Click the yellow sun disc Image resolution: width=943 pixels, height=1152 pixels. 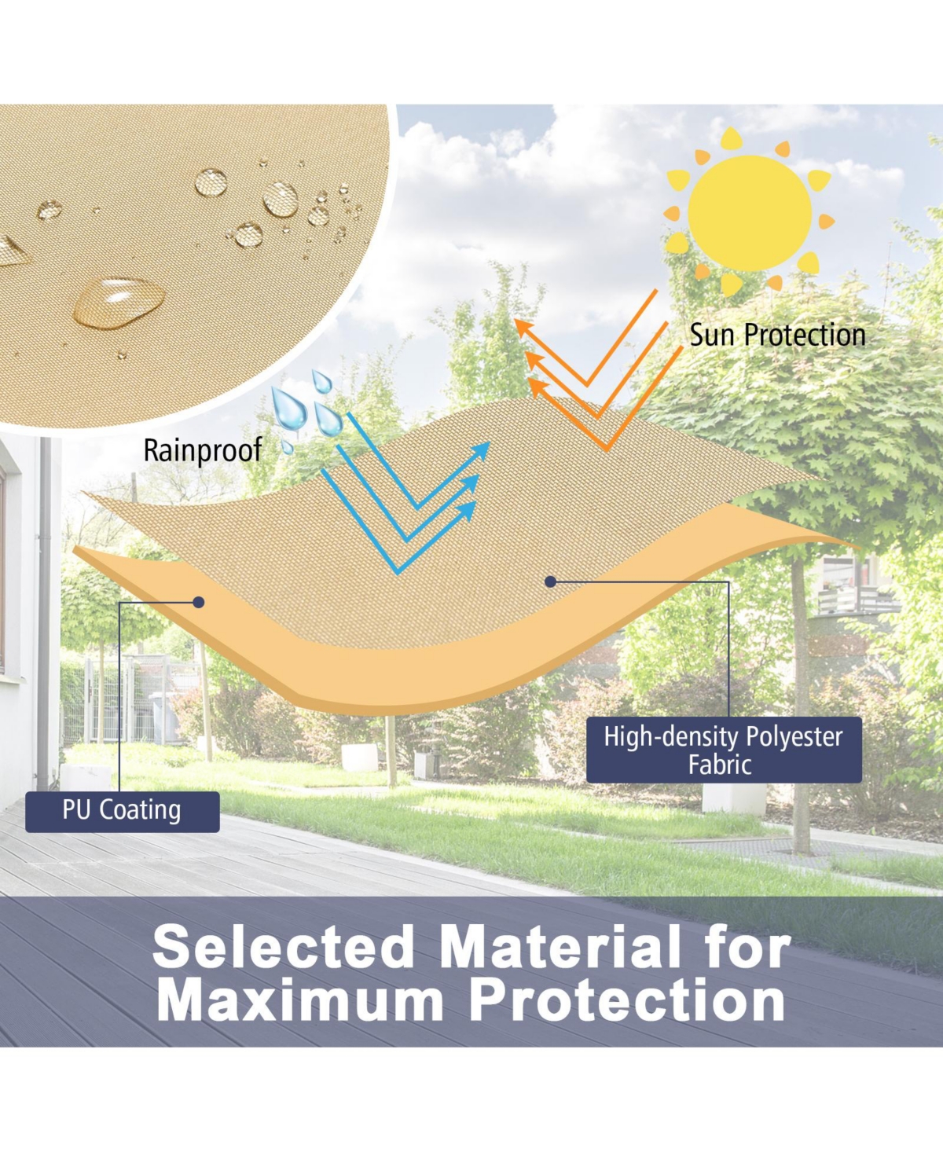click(749, 213)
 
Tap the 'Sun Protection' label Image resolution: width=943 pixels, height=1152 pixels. click(777, 335)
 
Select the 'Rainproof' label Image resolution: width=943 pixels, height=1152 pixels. click(203, 450)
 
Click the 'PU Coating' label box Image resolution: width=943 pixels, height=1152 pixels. click(123, 812)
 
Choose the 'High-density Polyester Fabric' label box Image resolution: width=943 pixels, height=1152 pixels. click(724, 750)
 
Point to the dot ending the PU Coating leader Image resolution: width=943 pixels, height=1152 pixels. click(199, 602)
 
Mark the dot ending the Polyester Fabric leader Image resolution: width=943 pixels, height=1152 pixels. click(551, 582)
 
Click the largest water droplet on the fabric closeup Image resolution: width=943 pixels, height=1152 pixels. click(119, 303)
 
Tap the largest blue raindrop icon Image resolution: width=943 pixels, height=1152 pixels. click(288, 408)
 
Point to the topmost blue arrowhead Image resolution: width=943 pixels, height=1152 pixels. click(480, 450)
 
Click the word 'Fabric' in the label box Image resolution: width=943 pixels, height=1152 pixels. click(720, 765)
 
